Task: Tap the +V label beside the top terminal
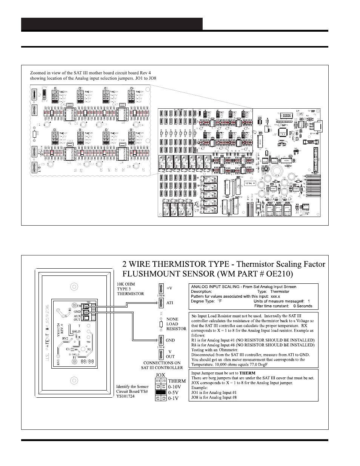pos(169,288)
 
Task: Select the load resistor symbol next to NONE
pos(161,324)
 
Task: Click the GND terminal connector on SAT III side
pos(161,340)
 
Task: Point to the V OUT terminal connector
pos(161,354)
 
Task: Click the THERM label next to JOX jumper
pos(177,381)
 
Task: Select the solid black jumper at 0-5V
pos(161,392)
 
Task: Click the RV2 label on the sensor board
pos(65,338)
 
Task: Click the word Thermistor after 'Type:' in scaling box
pos(280,291)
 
